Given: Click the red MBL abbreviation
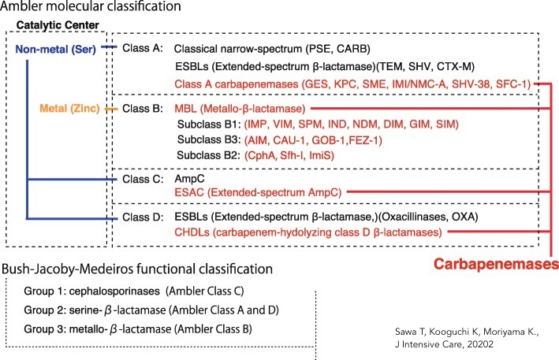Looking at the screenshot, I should (187, 107).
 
